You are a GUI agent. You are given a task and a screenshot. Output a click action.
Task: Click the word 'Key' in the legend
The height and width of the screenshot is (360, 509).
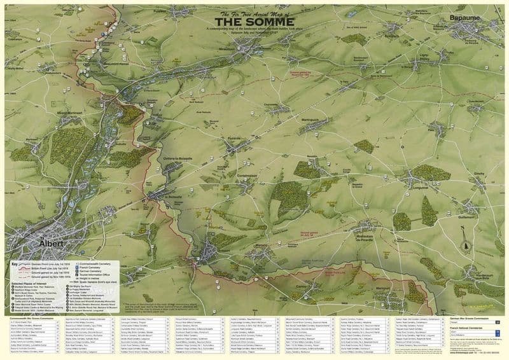click(x=15, y=263)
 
